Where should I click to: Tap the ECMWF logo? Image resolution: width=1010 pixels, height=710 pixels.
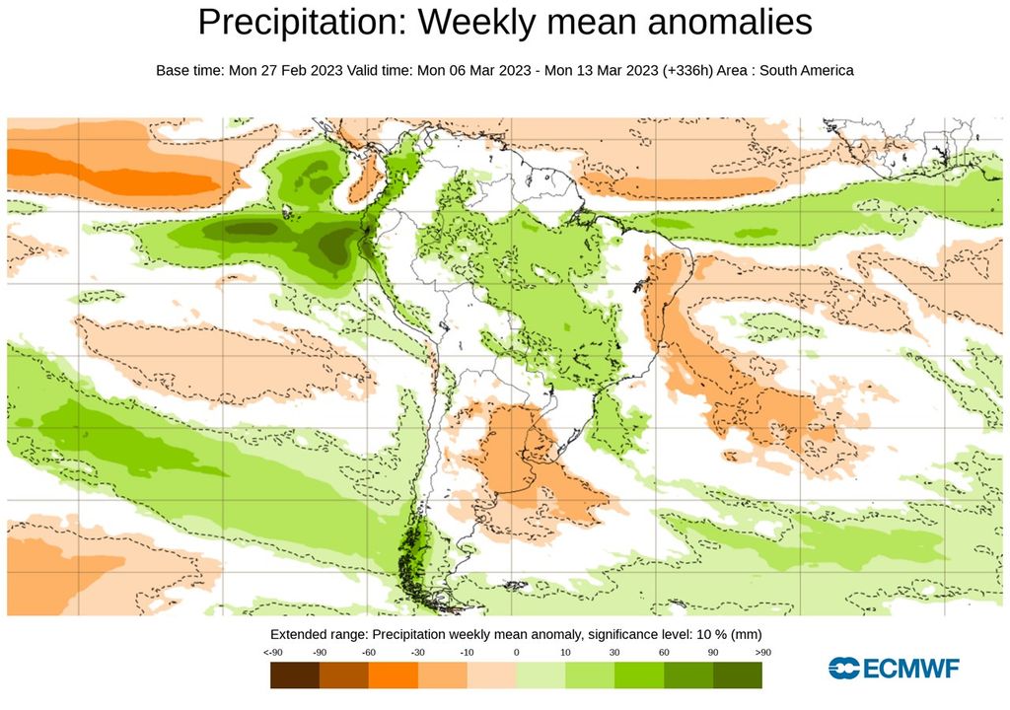coord(894,669)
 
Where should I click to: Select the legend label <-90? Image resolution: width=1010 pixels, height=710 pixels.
coord(274,653)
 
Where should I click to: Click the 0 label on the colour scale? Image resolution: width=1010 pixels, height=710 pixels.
coord(516,653)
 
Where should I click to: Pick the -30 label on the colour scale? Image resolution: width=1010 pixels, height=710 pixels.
coord(417,653)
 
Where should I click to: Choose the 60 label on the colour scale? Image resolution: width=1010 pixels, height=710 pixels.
coord(664,653)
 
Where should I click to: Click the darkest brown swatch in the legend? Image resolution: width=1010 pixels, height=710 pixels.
coord(295,674)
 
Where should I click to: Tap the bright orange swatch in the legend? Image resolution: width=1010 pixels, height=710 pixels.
coord(394,674)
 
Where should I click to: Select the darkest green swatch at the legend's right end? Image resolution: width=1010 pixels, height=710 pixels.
coord(738,674)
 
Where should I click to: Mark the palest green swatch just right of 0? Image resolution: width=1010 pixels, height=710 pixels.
coord(541,674)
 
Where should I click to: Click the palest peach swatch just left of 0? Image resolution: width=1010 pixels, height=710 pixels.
coord(491,674)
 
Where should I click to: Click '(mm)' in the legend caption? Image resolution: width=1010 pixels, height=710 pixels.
coord(745,633)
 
